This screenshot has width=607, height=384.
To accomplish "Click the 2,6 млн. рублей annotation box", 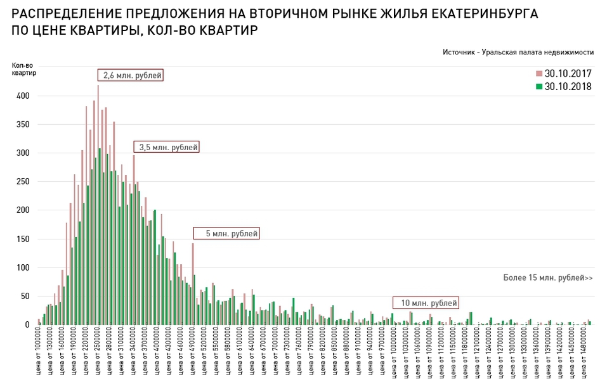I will [131, 75].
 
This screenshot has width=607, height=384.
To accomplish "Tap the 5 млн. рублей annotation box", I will [226, 233].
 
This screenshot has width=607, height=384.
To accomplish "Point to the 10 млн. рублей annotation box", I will [425, 303].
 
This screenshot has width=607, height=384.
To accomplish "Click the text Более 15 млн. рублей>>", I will [547, 278].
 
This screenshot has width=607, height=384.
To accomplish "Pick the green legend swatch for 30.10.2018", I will [538, 87].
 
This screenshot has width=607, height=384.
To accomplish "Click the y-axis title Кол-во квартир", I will [24, 68].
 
